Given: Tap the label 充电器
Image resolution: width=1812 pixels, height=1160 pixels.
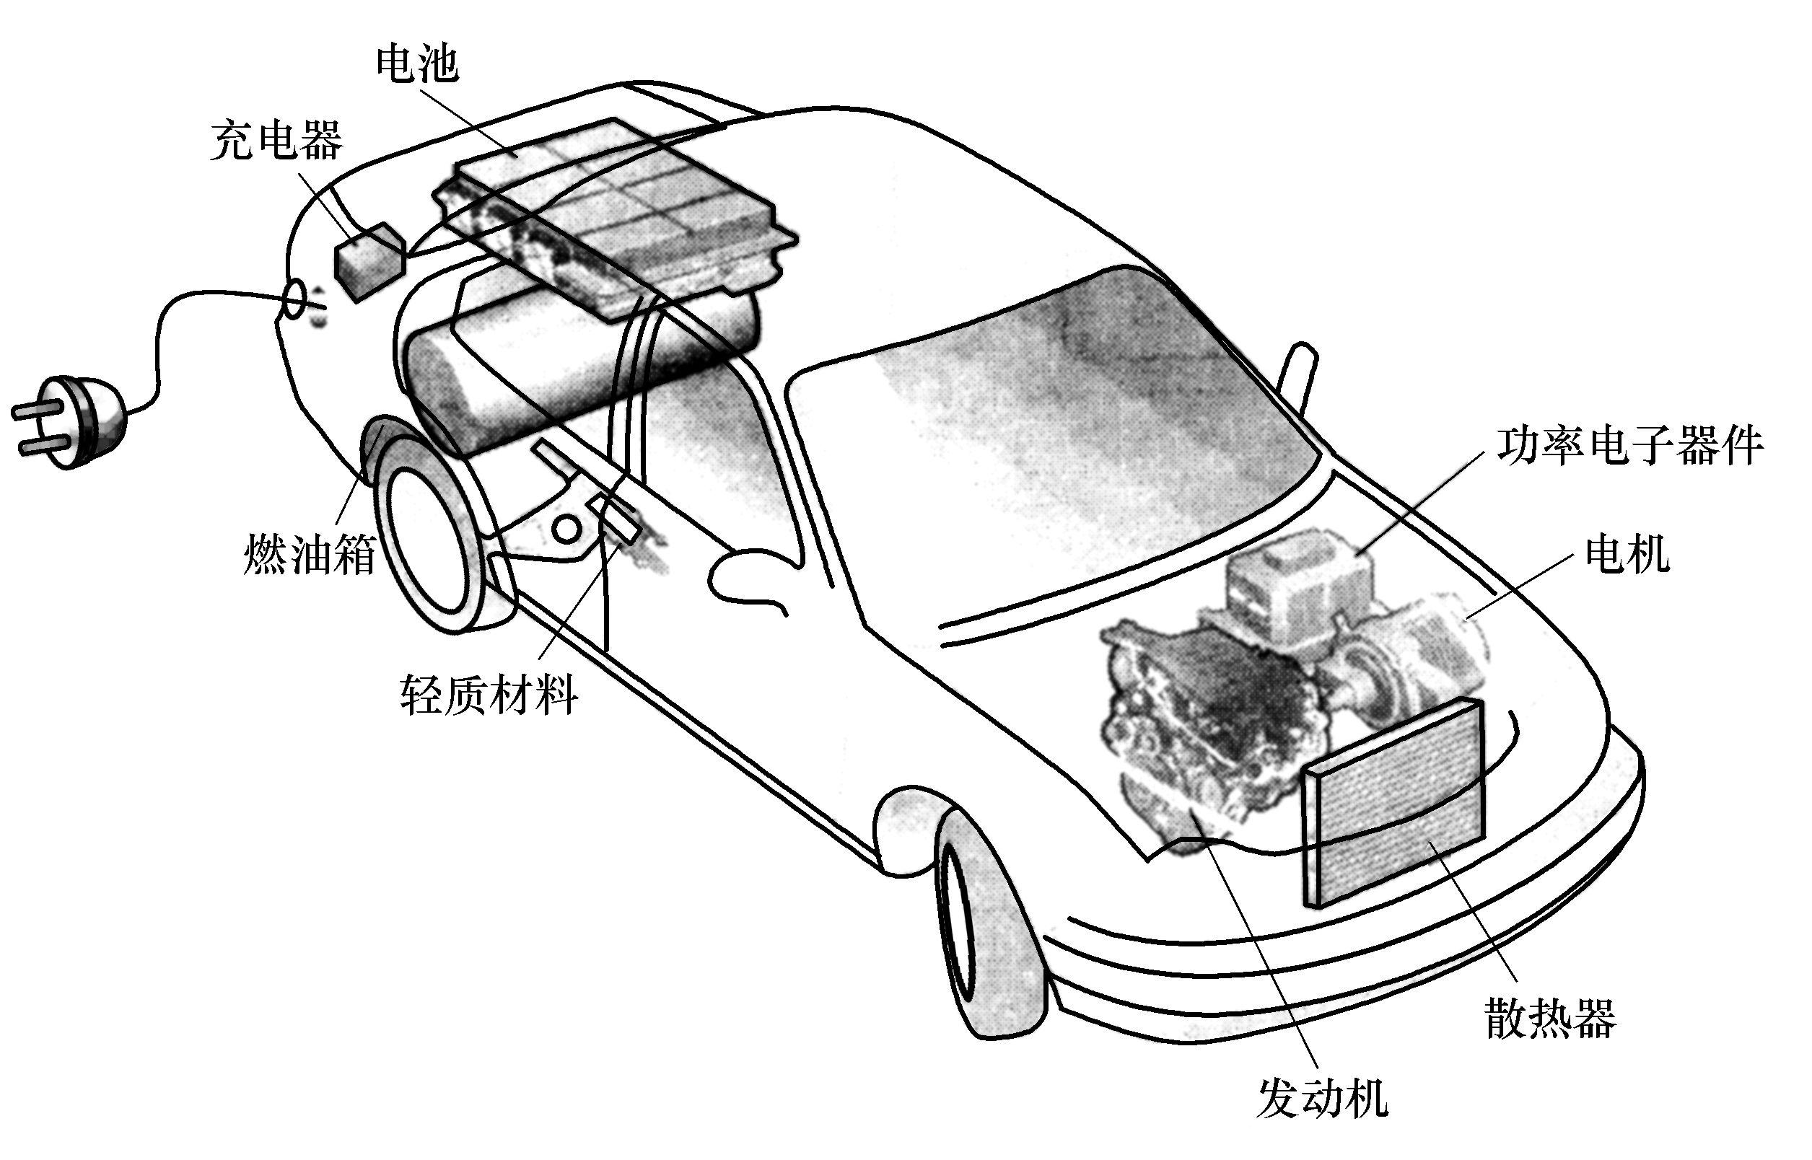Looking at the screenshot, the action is point(276,140).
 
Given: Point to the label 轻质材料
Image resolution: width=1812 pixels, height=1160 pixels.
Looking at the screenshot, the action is point(489,694).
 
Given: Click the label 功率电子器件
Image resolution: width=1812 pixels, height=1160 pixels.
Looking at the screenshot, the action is point(1629,446).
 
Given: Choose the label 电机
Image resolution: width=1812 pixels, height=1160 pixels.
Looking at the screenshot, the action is point(1627,554).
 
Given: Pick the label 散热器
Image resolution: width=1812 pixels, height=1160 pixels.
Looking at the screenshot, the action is point(1551,1019).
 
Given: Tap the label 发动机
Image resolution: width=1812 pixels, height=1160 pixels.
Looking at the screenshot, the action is point(1322,1097).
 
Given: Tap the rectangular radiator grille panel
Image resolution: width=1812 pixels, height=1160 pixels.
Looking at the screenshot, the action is point(1394,806).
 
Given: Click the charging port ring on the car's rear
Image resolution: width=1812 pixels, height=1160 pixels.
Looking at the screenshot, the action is point(296,300).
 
